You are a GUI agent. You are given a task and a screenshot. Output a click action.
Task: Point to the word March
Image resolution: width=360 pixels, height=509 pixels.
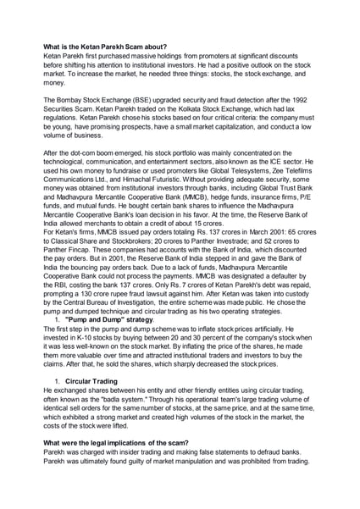pyautogui.click(x=242, y=255)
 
